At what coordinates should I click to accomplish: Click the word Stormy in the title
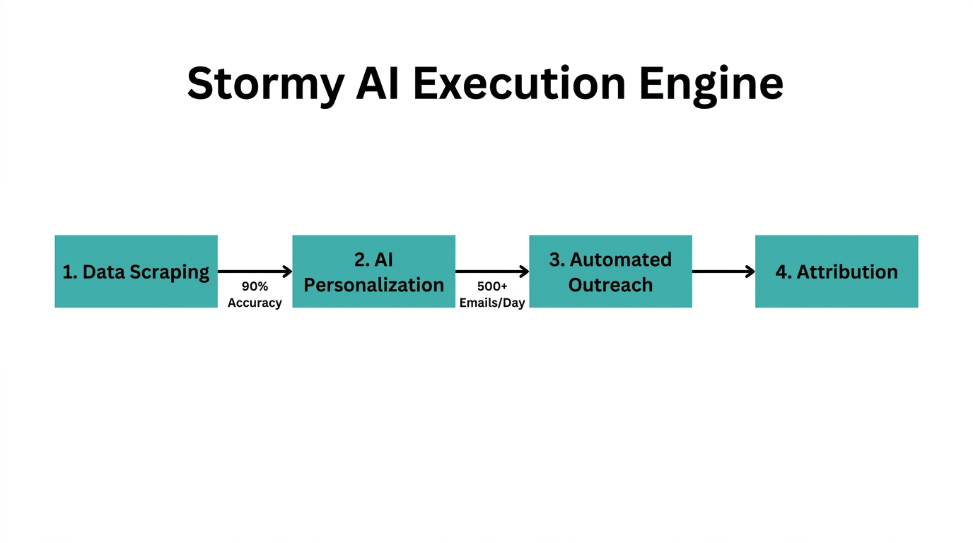click(x=264, y=84)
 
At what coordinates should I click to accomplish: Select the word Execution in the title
click(x=519, y=83)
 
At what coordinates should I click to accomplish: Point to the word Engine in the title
click(x=711, y=84)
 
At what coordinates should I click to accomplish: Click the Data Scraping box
click(x=136, y=271)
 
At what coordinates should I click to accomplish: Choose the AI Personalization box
click(x=373, y=271)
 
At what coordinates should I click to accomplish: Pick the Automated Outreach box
click(x=610, y=271)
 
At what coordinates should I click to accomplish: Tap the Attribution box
click(x=837, y=271)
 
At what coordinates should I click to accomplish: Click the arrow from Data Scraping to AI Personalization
click(x=255, y=271)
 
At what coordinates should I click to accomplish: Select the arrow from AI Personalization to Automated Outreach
click(x=492, y=271)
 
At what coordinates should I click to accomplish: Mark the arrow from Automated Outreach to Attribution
click(x=723, y=271)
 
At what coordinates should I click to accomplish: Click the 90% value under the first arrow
click(x=255, y=287)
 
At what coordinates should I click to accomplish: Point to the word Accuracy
click(x=255, y=303)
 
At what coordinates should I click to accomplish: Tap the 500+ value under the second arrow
click(x=492, y=287)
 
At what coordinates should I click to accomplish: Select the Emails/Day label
click(x=492, y=303)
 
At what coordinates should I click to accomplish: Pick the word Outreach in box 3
click(x=610, y=285)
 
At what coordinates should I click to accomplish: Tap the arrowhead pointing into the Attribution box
click(x=750, y=271)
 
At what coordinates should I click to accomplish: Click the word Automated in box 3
click(x=621, y=259)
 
